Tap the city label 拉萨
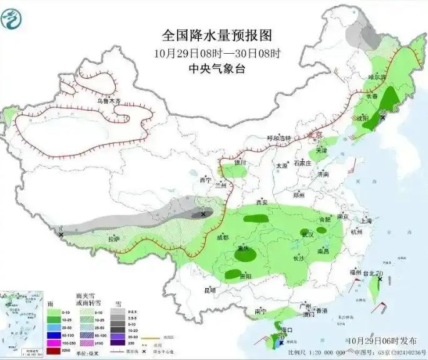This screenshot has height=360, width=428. pos(113,239)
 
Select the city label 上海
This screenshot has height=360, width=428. pos(366,221)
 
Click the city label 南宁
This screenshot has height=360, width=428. pos(261,311)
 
